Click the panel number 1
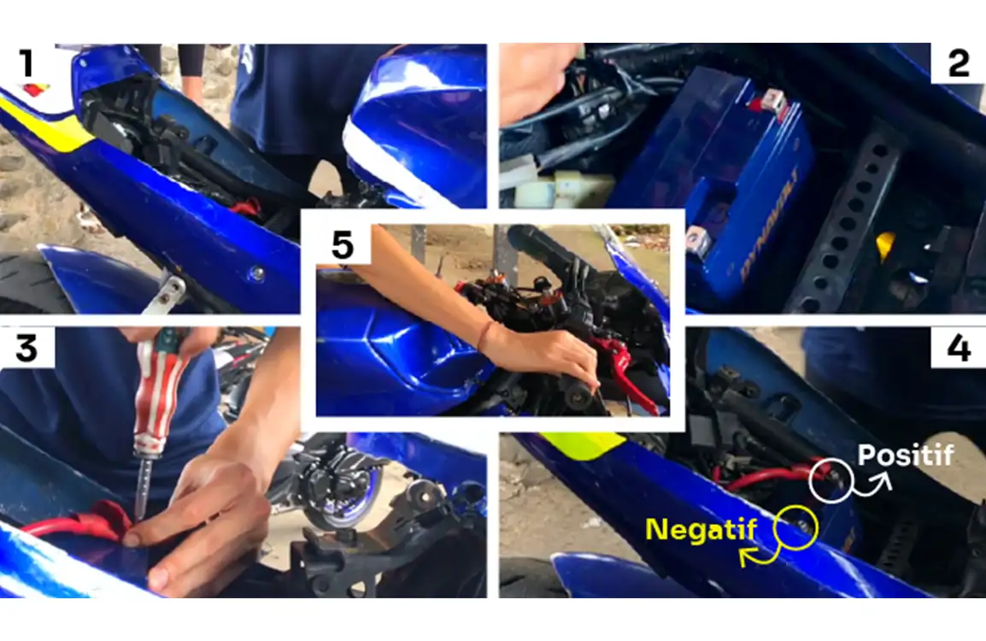click(x=26, y=63)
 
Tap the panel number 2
click(x=959, y=63)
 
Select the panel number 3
click(x=26, y=348)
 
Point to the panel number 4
click(x=959, y=348)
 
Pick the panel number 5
click(x=342, y=244)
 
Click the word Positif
click(x=906, y=455)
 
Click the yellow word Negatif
click(x=701, y=530)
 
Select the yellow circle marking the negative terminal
click(x=795, y=527)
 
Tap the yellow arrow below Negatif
click(x=761, y=555)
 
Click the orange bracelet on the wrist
click(x=484, y=337)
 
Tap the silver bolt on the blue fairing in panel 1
click(x=256, y=273)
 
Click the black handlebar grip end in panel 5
click(x=575, y=397)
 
